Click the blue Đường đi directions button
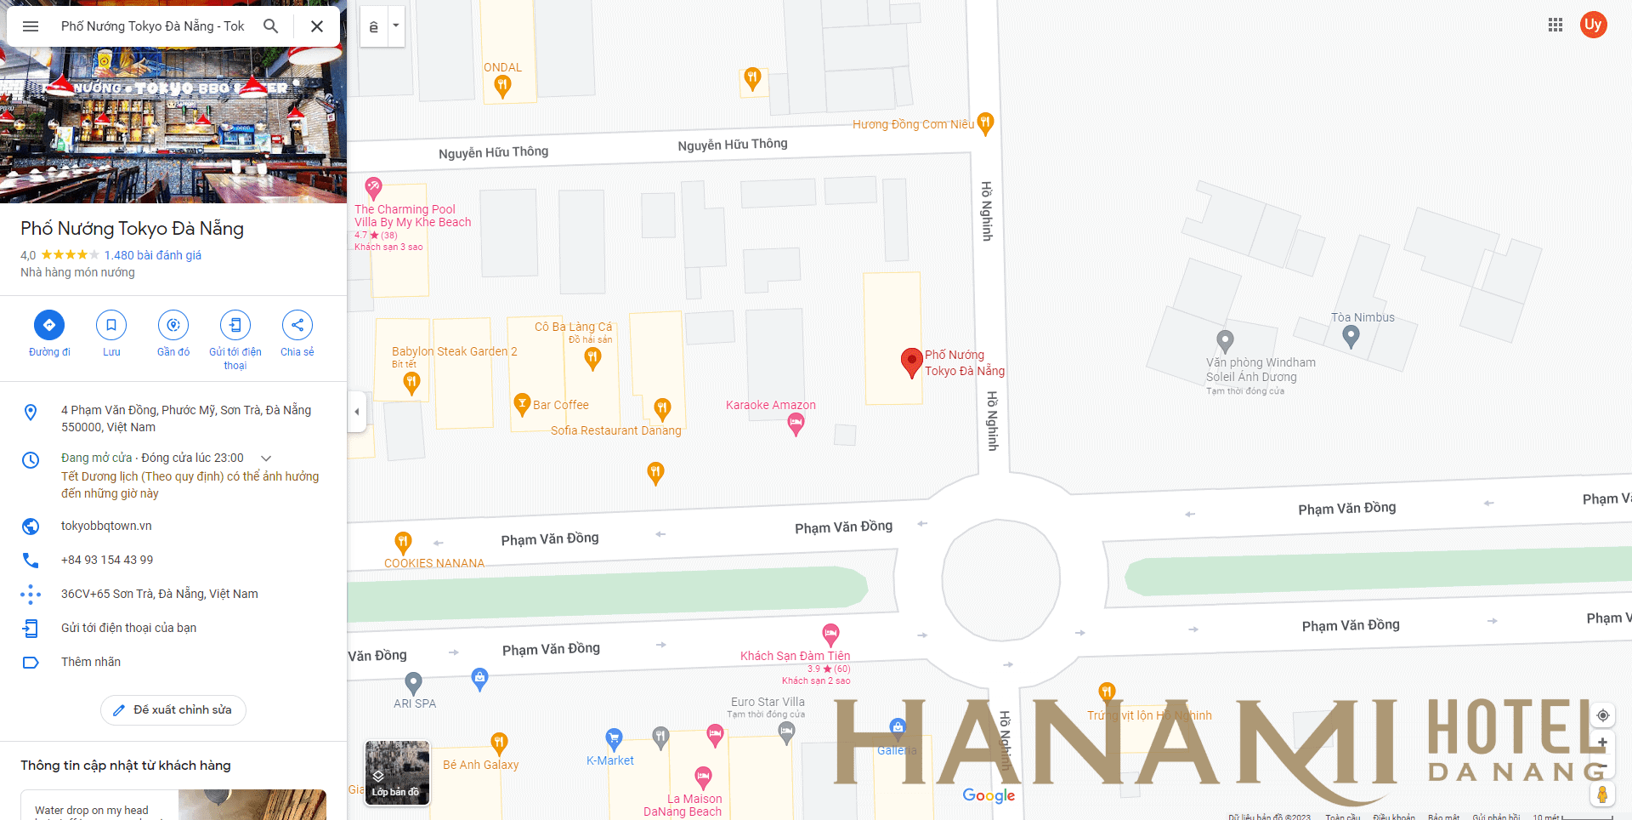pyautogui.click(x=49, y=325)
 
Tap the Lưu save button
pyautogui.click(x=111, y=325)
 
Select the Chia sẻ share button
pyautogui.click(x=297, y=325)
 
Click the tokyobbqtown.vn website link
pyautogui.click(x=106, y=526)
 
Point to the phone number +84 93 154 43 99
pyautogui.click(x=107, y=560)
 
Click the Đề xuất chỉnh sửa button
pyautogui.click(x=173, y=710)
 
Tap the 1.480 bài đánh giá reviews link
pyautogui.click(x=153, y=255)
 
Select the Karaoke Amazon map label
pyautogui.click(x=770, y=405)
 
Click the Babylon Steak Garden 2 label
pyautogui.click(x=454, y=351)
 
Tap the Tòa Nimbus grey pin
pyautogui.click(x=1351, y=337)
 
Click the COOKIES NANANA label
pyautogui.click(x=433, y=563)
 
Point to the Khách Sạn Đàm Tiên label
pyautogui.click(x=795, y=656)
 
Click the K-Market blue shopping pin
pyautogui.click(x=614, y=738)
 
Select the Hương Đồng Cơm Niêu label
pyautogui.click(x=913, y=124)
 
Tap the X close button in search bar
pyautogui.click(x=317, y=26)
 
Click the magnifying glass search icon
pyautogui.click(x=271, y=26)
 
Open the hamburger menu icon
pyautogui.click(x=31, y=26)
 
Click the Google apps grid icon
pyautogui.click(x=1555, y=25)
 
